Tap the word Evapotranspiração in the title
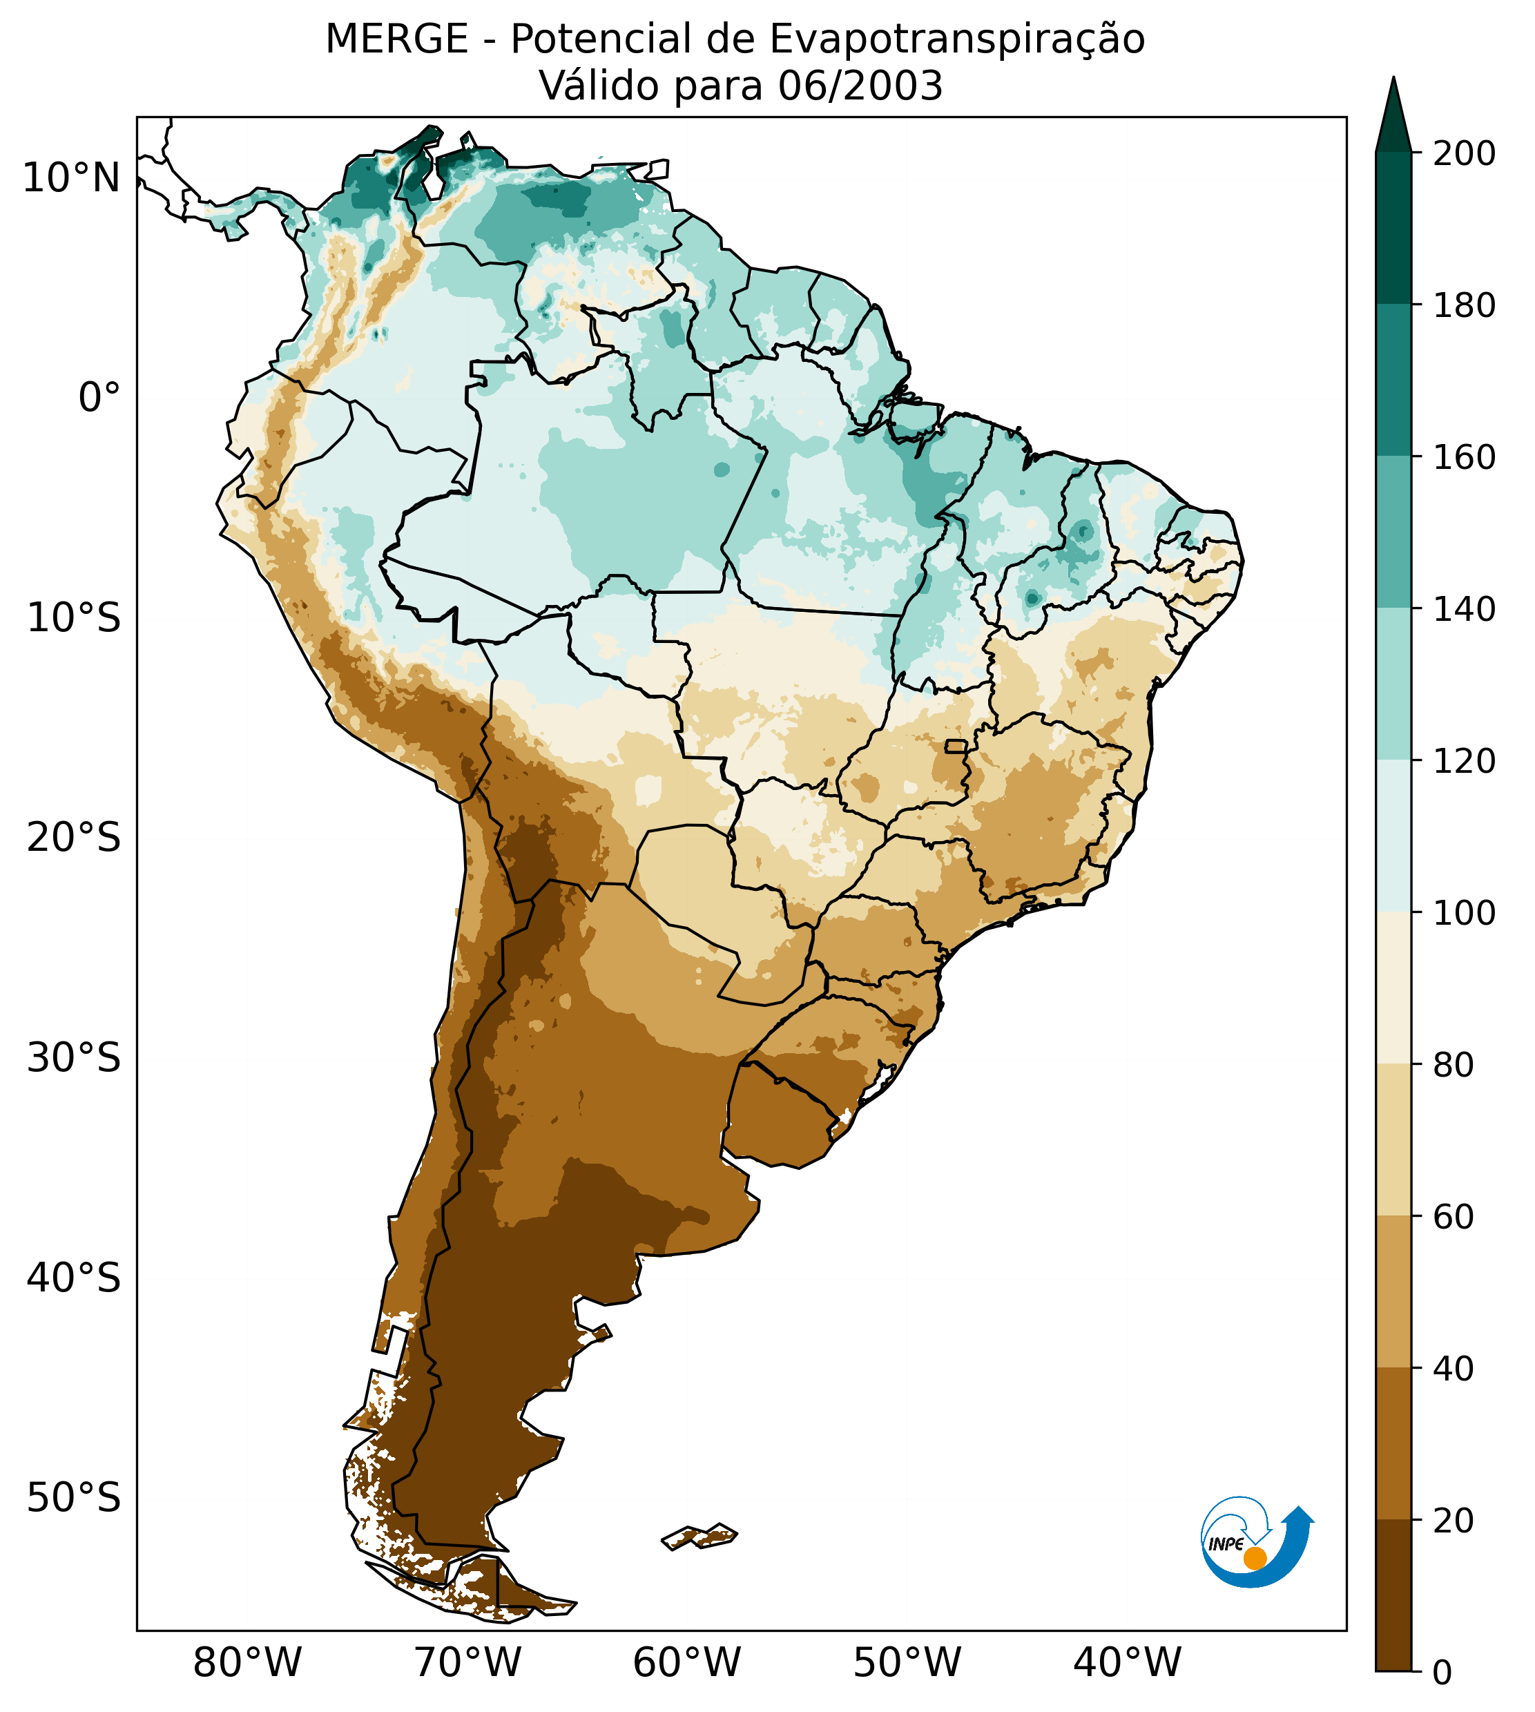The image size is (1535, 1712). coord(957,39)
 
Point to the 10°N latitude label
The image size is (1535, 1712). coord(72,179)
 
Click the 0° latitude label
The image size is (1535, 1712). coord(99,398)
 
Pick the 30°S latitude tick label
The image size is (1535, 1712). coord(74,1059)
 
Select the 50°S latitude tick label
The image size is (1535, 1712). coord(74,1499)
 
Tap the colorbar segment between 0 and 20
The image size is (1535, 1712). coord(1394,1595)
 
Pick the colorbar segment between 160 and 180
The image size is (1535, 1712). coord(1394,381)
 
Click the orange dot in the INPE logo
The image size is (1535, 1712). coord(1255,1559)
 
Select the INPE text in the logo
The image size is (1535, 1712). coord(1226,1544)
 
